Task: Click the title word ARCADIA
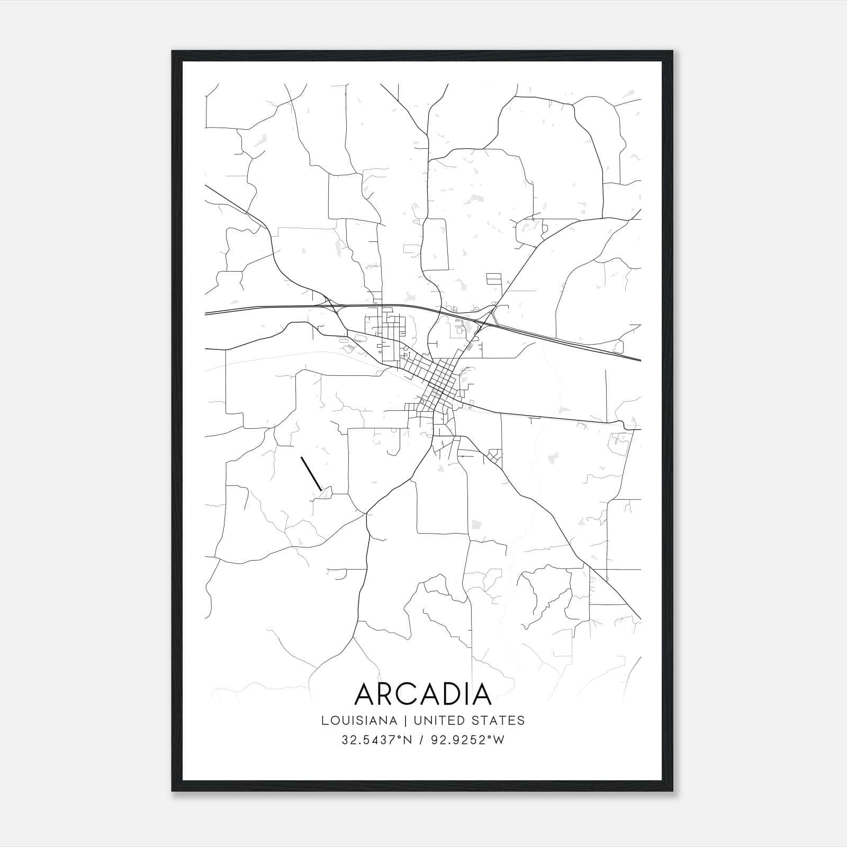point(423,694)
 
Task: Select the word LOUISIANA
point(359,720)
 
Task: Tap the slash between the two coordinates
point(420,740)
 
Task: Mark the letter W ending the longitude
point(499,740)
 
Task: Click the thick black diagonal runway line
point(311,473)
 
